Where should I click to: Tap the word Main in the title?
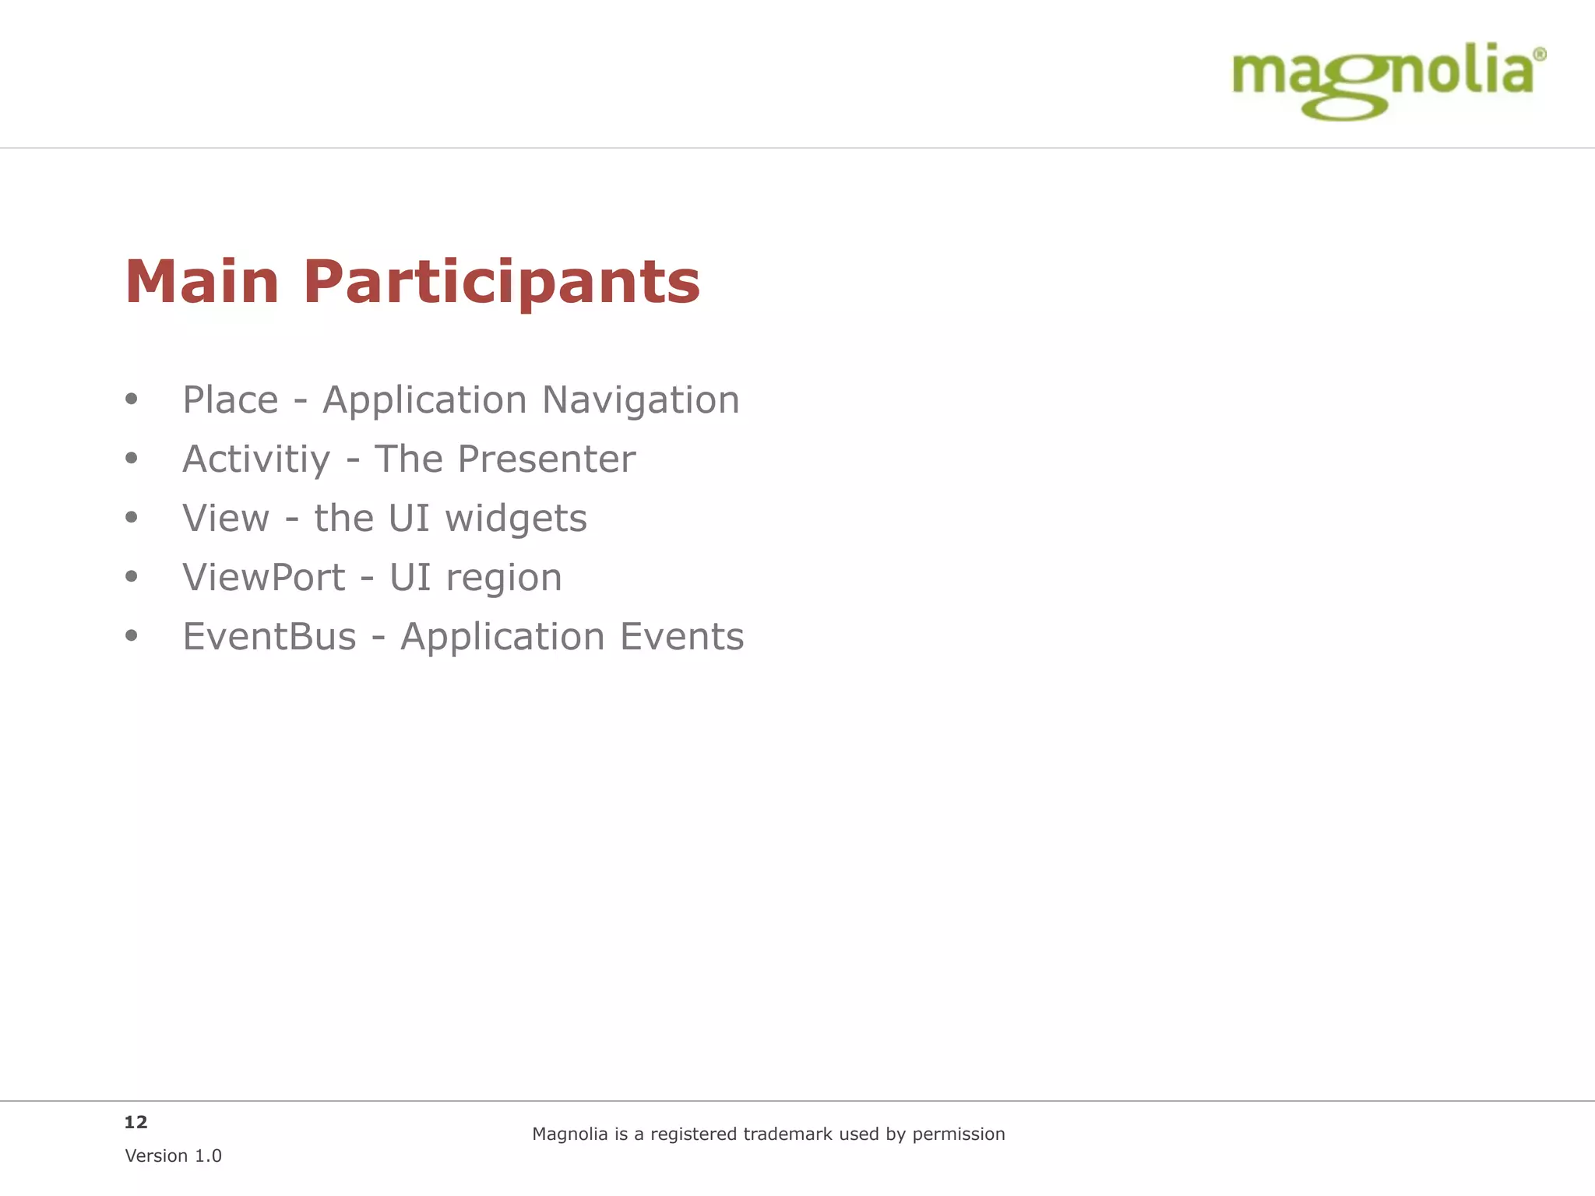tap(202, 282)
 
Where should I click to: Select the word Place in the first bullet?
tap(230, 400)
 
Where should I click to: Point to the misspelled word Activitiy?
tap(256, 459)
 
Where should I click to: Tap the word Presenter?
tap(546, 459)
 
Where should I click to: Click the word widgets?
tap(516, 519)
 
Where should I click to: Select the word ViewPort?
tap(263, 578)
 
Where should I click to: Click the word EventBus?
tap(269, 636)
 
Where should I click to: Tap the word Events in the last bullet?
tap(681, 636)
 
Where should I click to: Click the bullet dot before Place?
tap(132, 399)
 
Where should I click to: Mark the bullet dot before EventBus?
tap(132, 636)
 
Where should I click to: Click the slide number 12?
tap(136, 1122)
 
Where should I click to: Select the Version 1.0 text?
tap(173, 1156)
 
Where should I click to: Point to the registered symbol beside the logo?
tap(1539, 54)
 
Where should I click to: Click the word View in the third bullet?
tap(226, 519)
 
